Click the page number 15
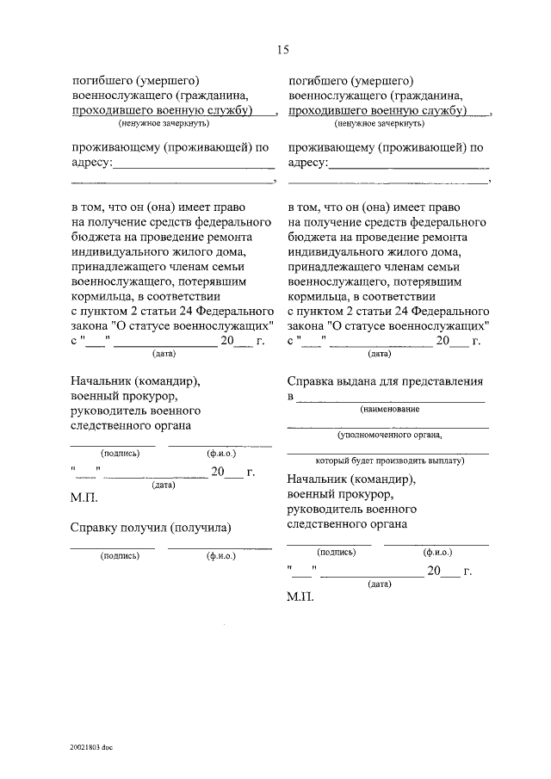pyautogui.click(x=282, y=49)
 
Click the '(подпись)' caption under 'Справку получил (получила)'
pyautogui.click(x=120, y=556)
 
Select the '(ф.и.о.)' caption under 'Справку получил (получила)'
pyautogui.click(x=220, y=556)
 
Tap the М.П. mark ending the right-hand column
pyautogui.click(x=301, y=597)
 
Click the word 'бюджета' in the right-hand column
pyautogui.click(x=311, y=235)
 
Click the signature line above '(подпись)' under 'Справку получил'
pyautogui.click(x=113, y=547)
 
